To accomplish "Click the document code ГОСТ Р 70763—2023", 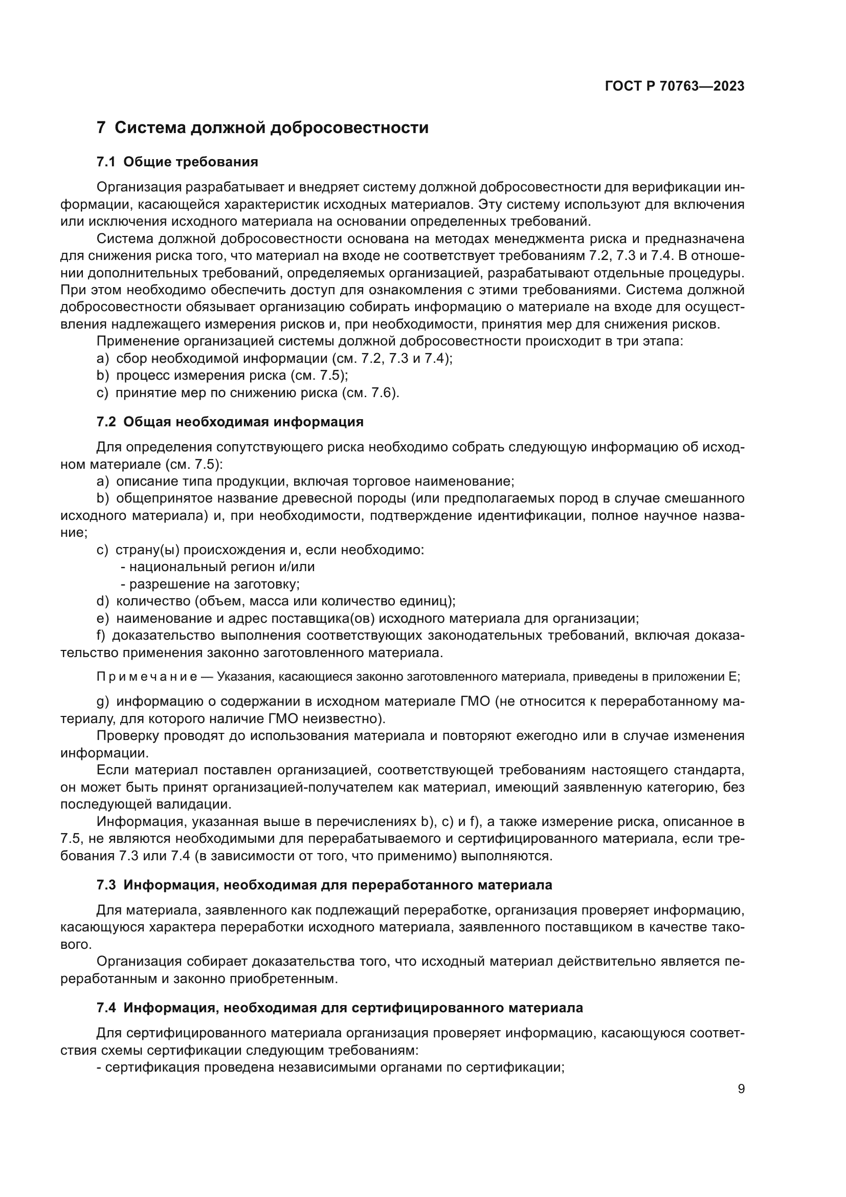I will [675, 86].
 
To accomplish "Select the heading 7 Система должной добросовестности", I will [262, 128].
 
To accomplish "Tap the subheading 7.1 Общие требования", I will [177, 162].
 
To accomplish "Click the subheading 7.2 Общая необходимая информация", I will [230, 422].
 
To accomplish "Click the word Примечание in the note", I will [147, 677].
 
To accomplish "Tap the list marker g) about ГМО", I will [103, 702].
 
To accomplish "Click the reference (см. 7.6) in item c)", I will [370, 393].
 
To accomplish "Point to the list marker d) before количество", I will [103, 601].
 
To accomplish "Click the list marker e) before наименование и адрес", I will [103, 618].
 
